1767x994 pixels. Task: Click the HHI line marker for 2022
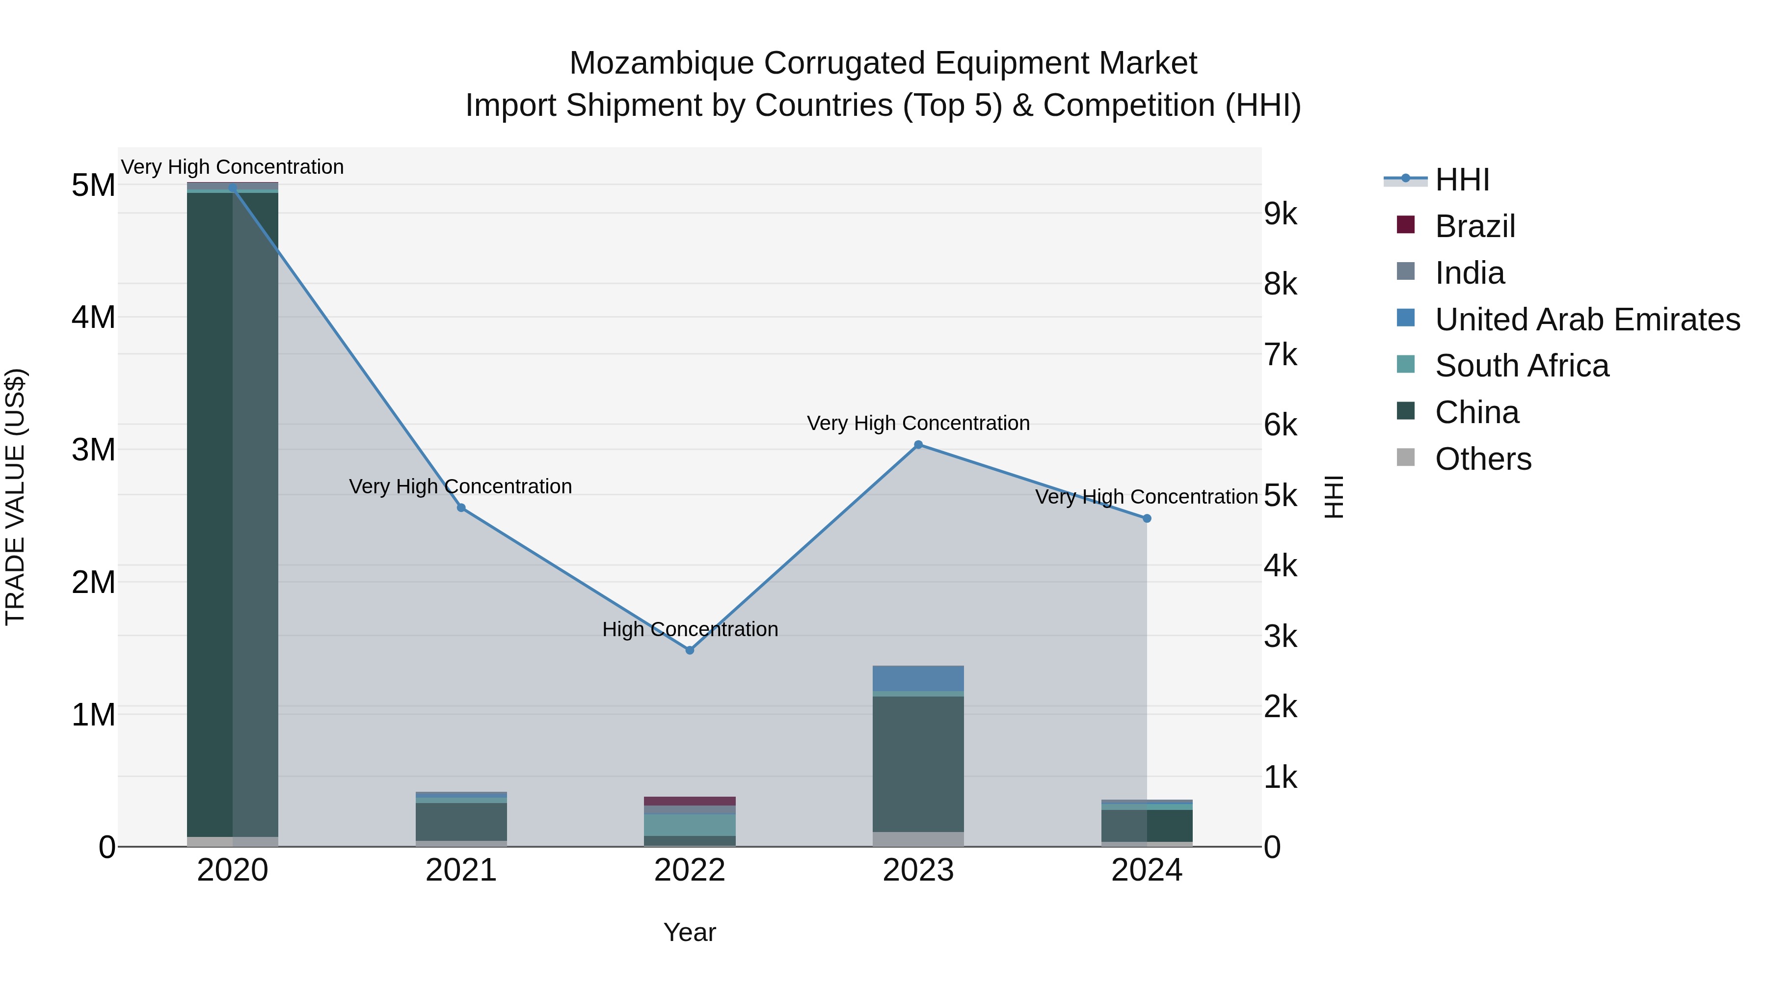(690, 649)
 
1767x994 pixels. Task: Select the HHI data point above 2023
(918, 445)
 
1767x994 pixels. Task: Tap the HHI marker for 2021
(461, 508)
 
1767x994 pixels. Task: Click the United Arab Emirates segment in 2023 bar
(918, 678)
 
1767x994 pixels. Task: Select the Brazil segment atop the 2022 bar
(690, 801)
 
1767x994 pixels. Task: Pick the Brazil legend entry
(1475, 226)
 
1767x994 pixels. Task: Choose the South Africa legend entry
(1522, 366)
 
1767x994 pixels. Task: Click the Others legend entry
(1483, 459)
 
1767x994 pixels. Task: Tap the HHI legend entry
(1462, 180)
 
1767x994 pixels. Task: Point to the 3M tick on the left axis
(94, 450)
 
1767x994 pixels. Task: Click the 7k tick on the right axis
(1280, 355)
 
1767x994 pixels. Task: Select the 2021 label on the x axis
(461, 870)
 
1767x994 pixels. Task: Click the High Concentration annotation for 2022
(690, 629)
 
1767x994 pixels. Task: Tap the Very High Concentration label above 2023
(918, 423)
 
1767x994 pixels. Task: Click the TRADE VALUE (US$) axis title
(15, 497)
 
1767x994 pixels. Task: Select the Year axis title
(690, 932)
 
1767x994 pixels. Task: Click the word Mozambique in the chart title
(661, 63)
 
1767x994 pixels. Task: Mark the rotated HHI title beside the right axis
(1334, 497)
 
